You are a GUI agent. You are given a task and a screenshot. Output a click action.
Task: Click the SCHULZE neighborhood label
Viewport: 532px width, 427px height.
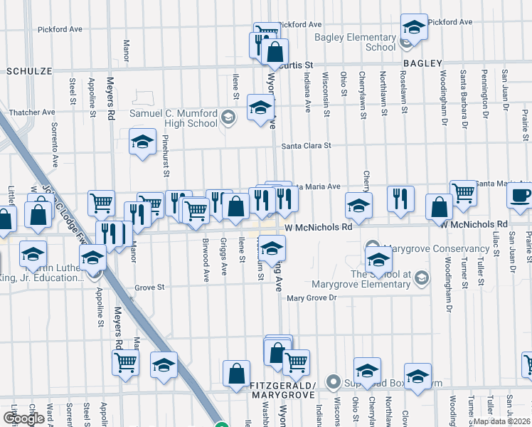coord(30,72)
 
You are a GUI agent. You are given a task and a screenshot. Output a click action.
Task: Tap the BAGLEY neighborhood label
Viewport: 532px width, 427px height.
coord(425,63)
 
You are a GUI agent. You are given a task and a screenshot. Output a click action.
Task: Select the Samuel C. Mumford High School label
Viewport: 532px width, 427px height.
coord(173,118)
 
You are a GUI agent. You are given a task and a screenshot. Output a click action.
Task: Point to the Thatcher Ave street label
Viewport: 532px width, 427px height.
coord(32,112)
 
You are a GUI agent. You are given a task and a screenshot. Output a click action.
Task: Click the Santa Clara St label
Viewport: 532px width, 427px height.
coord(306,146)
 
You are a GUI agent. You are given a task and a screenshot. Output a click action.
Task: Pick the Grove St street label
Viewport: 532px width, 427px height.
coord(149,288)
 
